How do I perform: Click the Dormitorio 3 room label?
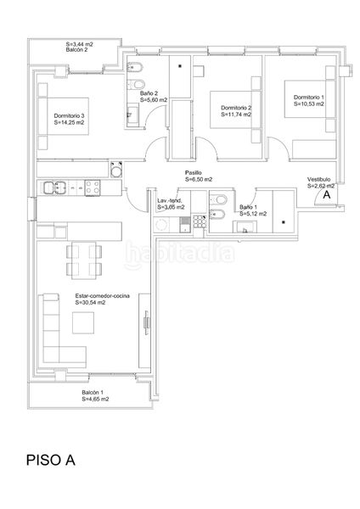[x=70, y=116]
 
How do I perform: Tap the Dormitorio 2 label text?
[x=236, y=108]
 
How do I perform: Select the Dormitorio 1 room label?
[x=309, y=97]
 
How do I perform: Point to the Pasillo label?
[x=194, y=173]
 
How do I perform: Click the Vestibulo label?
[x=319, y=180]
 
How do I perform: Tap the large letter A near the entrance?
[x=327, y=195]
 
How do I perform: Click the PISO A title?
[x=51, y=460]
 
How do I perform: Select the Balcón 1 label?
[x=93, y=393]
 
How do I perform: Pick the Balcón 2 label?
[x=76, y=50]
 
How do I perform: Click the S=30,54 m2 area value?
[x=90, y=303]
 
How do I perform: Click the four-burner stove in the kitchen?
[x=93, y=188]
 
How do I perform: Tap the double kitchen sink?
[x=54, y=188]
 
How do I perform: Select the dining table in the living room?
[x=84, y=260]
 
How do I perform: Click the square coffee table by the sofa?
[x=83, y=323]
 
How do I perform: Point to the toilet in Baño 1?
[x=219, y=199]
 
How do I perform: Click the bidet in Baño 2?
[x=135, y=67]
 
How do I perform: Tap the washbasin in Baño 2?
[x=132, y=115]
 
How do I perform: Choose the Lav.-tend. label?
[x=169, y=200]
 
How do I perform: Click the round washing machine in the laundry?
[x=161, y=224]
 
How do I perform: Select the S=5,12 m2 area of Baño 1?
[x=253, y=214]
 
